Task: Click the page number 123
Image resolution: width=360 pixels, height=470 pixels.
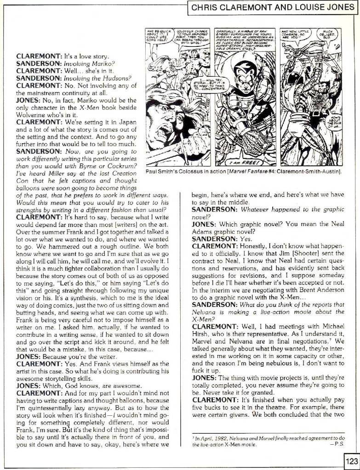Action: [x=351, y=460]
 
